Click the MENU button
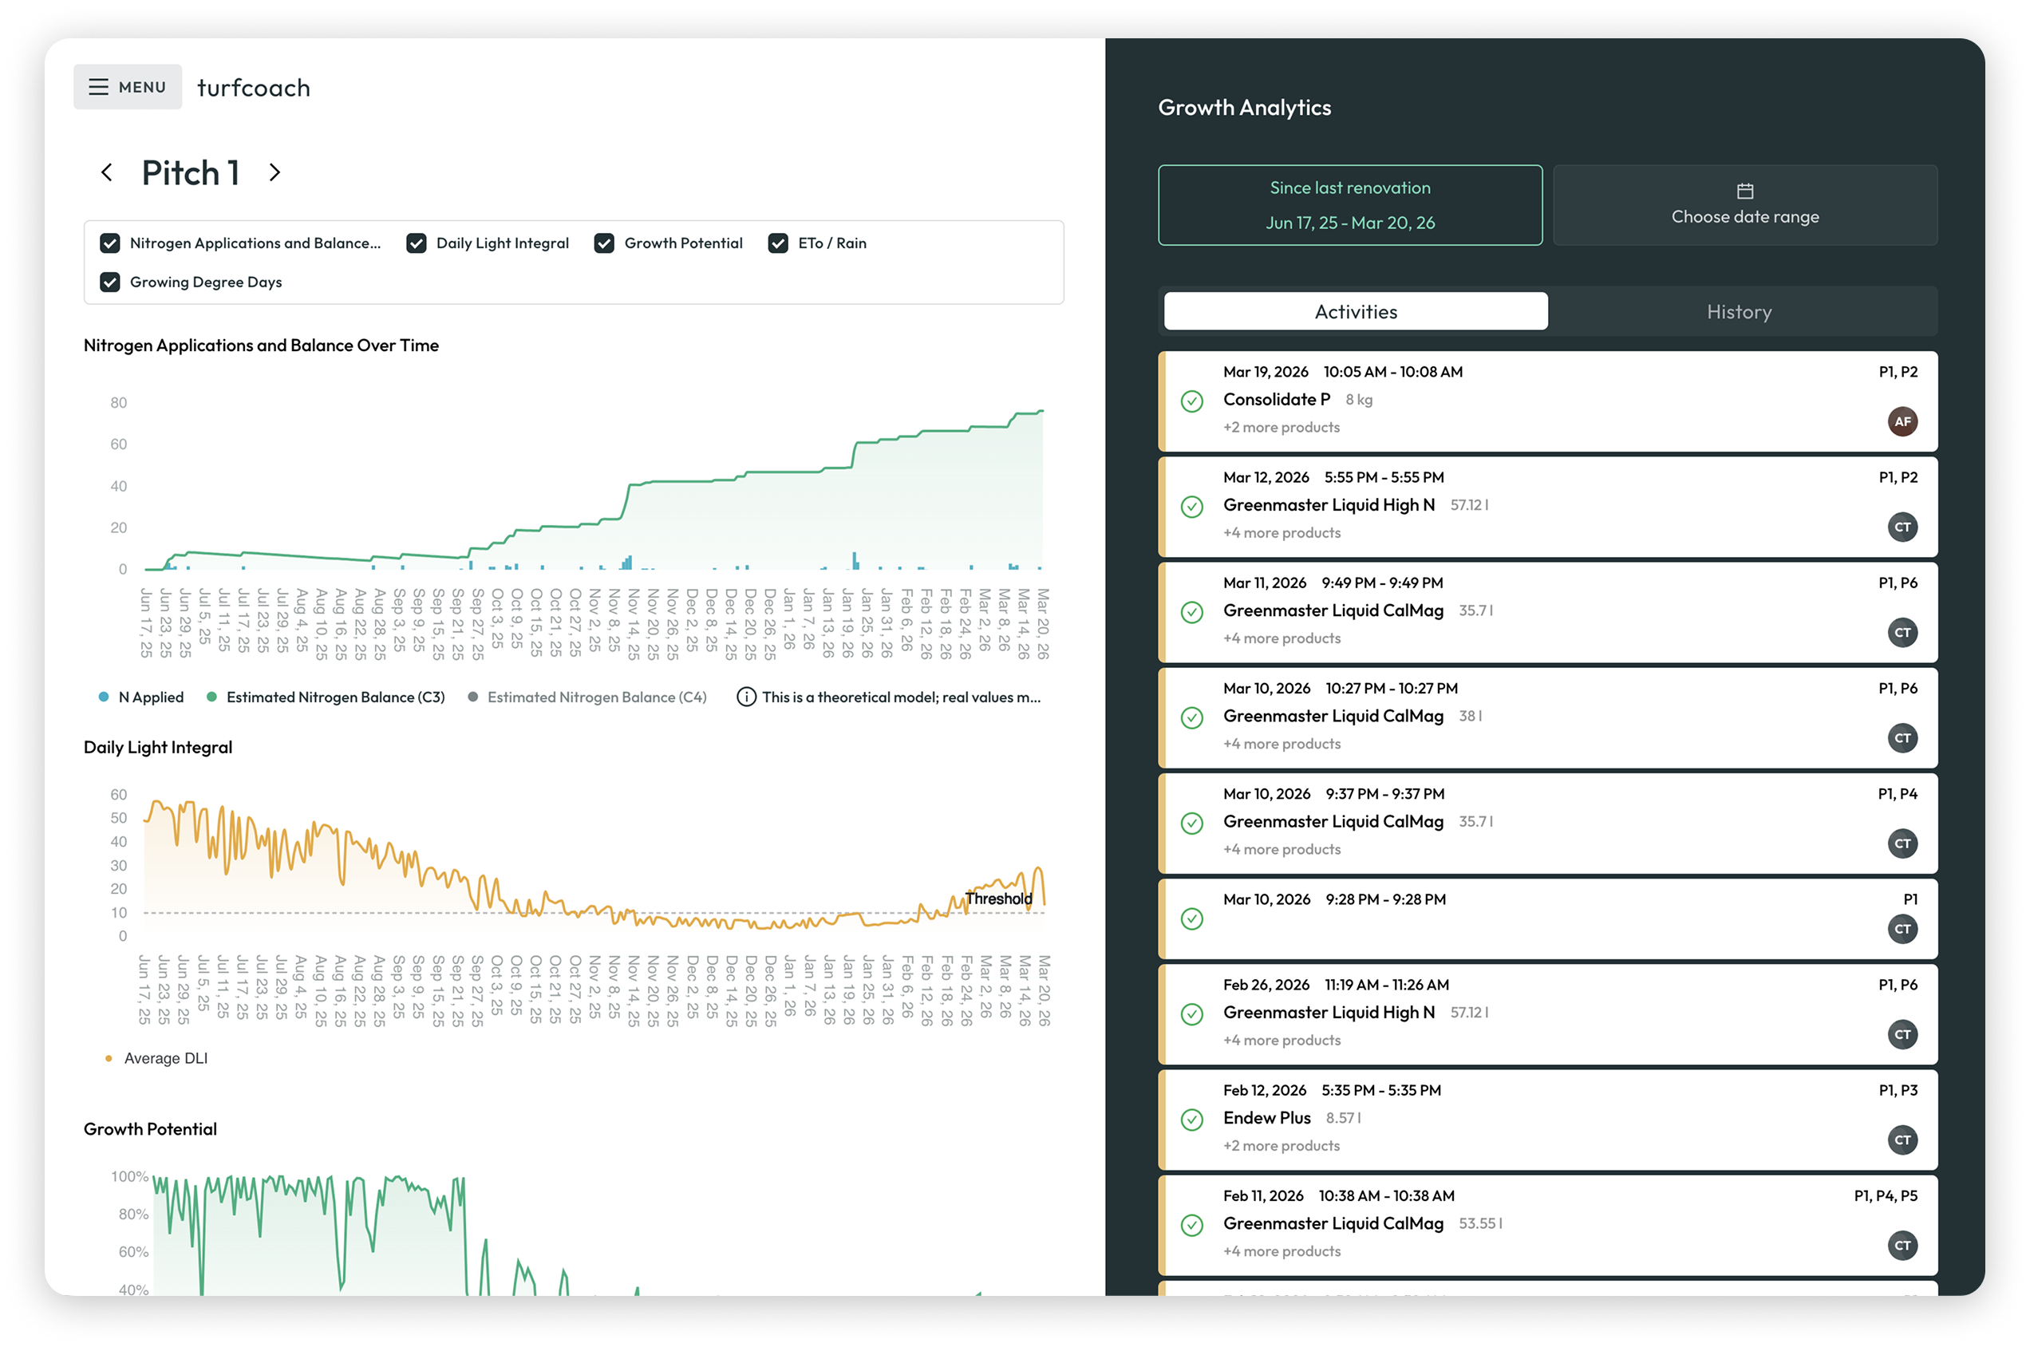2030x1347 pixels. coord(127,87)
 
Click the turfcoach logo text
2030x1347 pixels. coord(254,88)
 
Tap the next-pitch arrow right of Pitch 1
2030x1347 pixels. coord(275,172)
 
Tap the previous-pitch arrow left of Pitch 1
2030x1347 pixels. coord(106,172)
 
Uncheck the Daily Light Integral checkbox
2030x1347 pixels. coord(417,243)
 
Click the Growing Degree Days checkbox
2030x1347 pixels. coord(110,282)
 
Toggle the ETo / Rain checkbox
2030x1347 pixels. coord(778,243)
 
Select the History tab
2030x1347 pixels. coord(1739,312)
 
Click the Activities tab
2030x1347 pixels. coord(1355,312)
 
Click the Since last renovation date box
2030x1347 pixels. coord(1349,205)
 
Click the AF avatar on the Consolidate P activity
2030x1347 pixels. coord(1902,422)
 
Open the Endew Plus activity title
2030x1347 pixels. coord(1266,1118)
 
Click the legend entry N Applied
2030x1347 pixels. coord(142,697)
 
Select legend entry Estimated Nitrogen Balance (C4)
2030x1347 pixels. coord(587,697)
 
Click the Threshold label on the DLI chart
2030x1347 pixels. coord(998,899)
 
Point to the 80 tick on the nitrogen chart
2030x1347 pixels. coord(119,403)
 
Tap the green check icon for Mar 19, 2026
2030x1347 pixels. coord(1191,401)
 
